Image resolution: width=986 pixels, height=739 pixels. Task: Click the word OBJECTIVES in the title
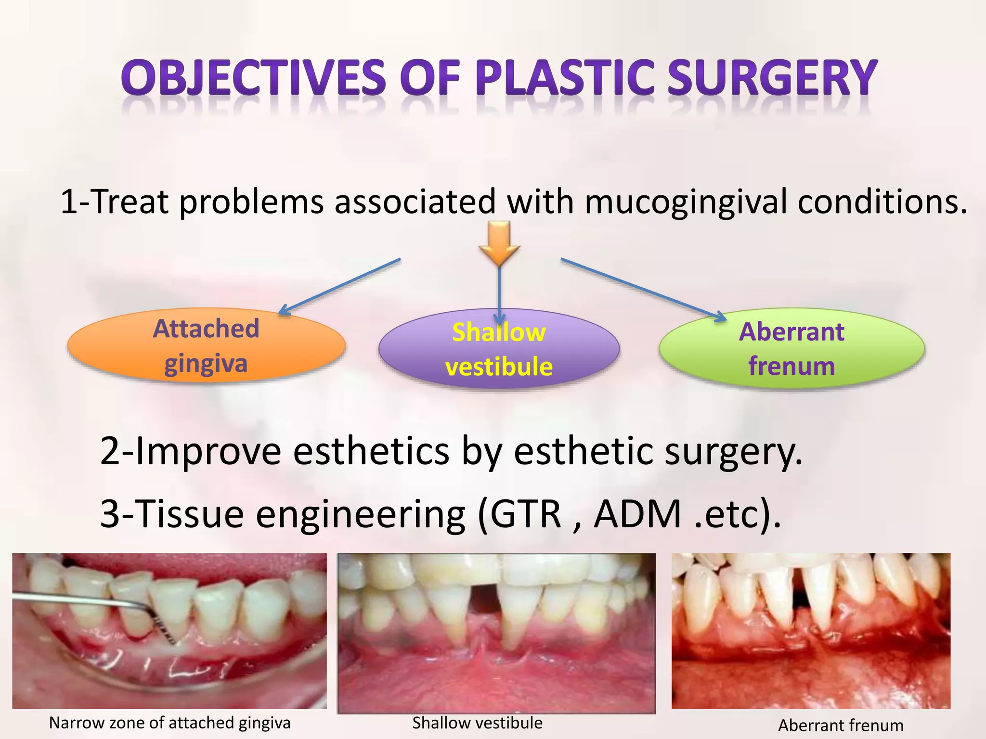pyautogui.click(x=253, y=78)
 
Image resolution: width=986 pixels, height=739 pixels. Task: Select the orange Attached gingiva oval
pyautogui.click(x=206, y=345)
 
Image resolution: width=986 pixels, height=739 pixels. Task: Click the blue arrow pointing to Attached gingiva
pyautogui.click(x=340, y=287)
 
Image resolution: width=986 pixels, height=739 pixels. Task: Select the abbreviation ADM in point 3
pyautogui.click(x=638, y=514)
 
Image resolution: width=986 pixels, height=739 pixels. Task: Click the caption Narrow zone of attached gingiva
pyautogui.click(x=169, y=723)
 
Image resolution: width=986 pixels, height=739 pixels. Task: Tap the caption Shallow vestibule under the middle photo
pyautogui.click(x=477, y=723)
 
